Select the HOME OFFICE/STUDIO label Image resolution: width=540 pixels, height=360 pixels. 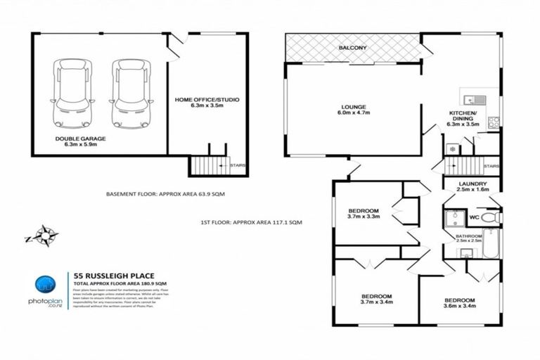207,100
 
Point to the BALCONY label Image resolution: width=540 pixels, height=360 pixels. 352,48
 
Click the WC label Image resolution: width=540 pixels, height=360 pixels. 473,218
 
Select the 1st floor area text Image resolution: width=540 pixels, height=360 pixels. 252,222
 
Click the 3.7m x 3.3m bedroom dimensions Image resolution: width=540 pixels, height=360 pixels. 364,218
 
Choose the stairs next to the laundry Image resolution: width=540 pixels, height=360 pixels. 463,166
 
